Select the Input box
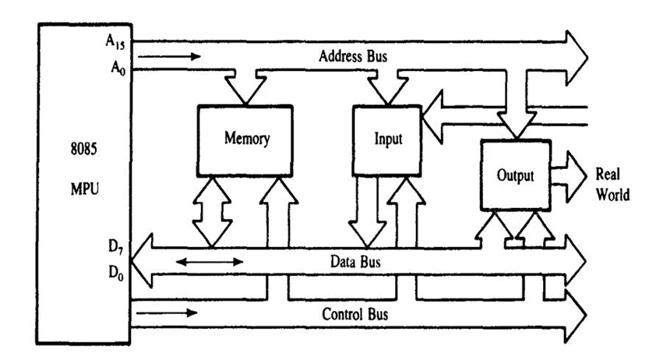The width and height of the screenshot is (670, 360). tap(386, 139)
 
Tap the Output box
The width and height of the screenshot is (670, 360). tap(515, 175)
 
